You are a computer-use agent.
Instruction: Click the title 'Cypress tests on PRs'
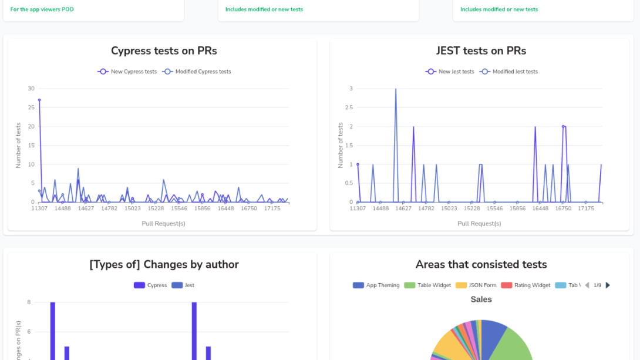(164, 51)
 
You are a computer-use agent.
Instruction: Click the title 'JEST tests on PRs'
(481, 51)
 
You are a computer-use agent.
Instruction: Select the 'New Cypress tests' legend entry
(127, 72)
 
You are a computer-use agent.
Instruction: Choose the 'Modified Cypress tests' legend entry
(197, 72)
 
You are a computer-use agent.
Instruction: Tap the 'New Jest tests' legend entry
(450, 72)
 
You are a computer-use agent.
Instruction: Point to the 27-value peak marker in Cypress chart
(39, 100)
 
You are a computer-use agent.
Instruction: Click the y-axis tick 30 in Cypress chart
(31, 89)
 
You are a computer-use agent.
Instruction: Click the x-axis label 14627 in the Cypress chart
(86, 208)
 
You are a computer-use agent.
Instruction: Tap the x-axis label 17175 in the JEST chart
(586, 208)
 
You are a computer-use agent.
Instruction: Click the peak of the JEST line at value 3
(396, 89)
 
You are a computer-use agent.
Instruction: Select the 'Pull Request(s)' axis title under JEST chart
(479, 224)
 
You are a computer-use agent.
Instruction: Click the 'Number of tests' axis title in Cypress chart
(18, 146)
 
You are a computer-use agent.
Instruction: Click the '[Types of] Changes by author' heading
(164, 265)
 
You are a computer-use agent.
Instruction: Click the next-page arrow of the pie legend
(608, 285)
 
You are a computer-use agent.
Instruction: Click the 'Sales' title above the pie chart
(481, 300)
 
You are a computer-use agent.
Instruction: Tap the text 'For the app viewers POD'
(42, 9)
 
